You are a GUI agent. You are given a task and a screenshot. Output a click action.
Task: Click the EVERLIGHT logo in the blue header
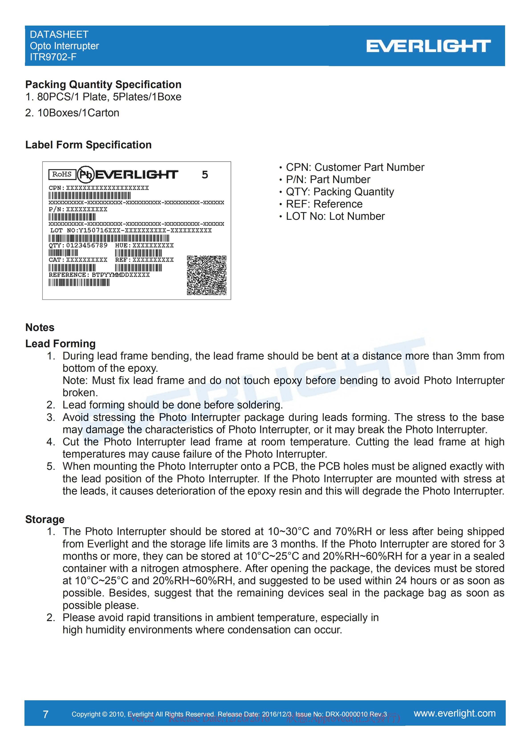[x=428, y=46]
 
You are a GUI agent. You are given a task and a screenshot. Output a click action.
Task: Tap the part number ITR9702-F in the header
[x=53, y=57]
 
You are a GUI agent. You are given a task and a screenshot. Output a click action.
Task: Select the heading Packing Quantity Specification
[x=103, y=85]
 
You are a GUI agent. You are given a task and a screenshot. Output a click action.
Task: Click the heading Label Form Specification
[x=88, y=145]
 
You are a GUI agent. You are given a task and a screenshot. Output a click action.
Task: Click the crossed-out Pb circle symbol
[x=85, y=175]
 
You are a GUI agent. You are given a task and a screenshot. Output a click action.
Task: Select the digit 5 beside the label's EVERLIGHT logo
[x=205, y=175]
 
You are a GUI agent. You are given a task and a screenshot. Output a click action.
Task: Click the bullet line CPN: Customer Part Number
[x=355, y=167]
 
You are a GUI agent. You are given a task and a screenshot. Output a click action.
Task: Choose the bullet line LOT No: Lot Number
[x=335, y=216]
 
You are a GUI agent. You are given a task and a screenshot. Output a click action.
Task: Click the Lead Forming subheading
[x=60, y=343]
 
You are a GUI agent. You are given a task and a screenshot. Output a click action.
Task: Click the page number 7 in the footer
[x=46, y=715]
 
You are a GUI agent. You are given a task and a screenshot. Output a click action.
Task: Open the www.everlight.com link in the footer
[x=455, y=713]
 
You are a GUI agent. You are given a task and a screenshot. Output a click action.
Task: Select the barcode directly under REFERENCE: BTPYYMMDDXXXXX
[x=79, y=283]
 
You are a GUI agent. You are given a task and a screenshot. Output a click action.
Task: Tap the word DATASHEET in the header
[x=59, y=34]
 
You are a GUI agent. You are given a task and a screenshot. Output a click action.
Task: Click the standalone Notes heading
[x=40, y=327]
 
